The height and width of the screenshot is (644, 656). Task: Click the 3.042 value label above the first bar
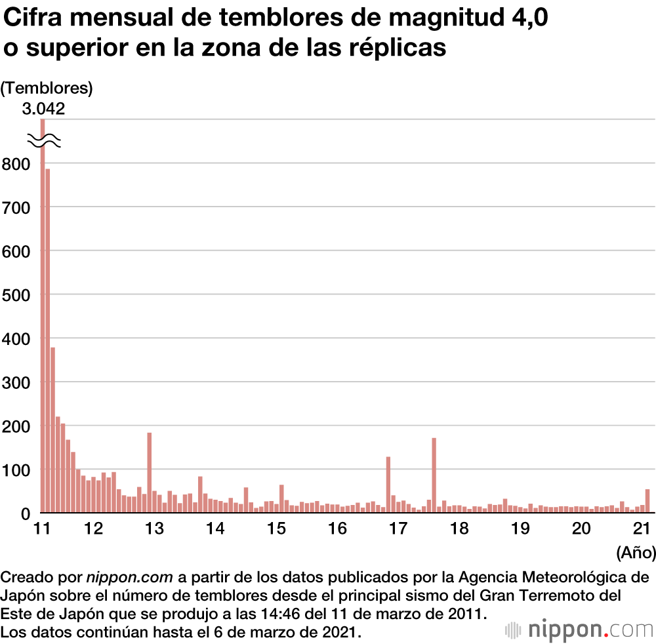(43, 109)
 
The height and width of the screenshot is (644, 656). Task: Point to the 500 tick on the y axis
(16, 294)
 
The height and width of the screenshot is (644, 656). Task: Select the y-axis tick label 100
(16, 470)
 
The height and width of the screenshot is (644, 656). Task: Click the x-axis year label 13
(154, 529)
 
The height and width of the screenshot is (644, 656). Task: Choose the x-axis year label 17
(398, 529)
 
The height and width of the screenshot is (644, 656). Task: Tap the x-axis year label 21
(641, 529)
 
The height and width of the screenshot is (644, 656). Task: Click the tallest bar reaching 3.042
(43, 315)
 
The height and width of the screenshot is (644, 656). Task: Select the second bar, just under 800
(48, 341)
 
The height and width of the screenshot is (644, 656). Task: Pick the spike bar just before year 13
(150, 472)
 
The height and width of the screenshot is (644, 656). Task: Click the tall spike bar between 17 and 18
(434, 475)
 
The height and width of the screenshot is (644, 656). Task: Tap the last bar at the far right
(647, 501)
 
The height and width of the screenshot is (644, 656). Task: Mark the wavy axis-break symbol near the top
(44, 141)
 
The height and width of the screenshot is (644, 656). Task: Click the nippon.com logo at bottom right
(579, 630)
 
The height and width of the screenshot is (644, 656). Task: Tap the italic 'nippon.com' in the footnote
(129, 578)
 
